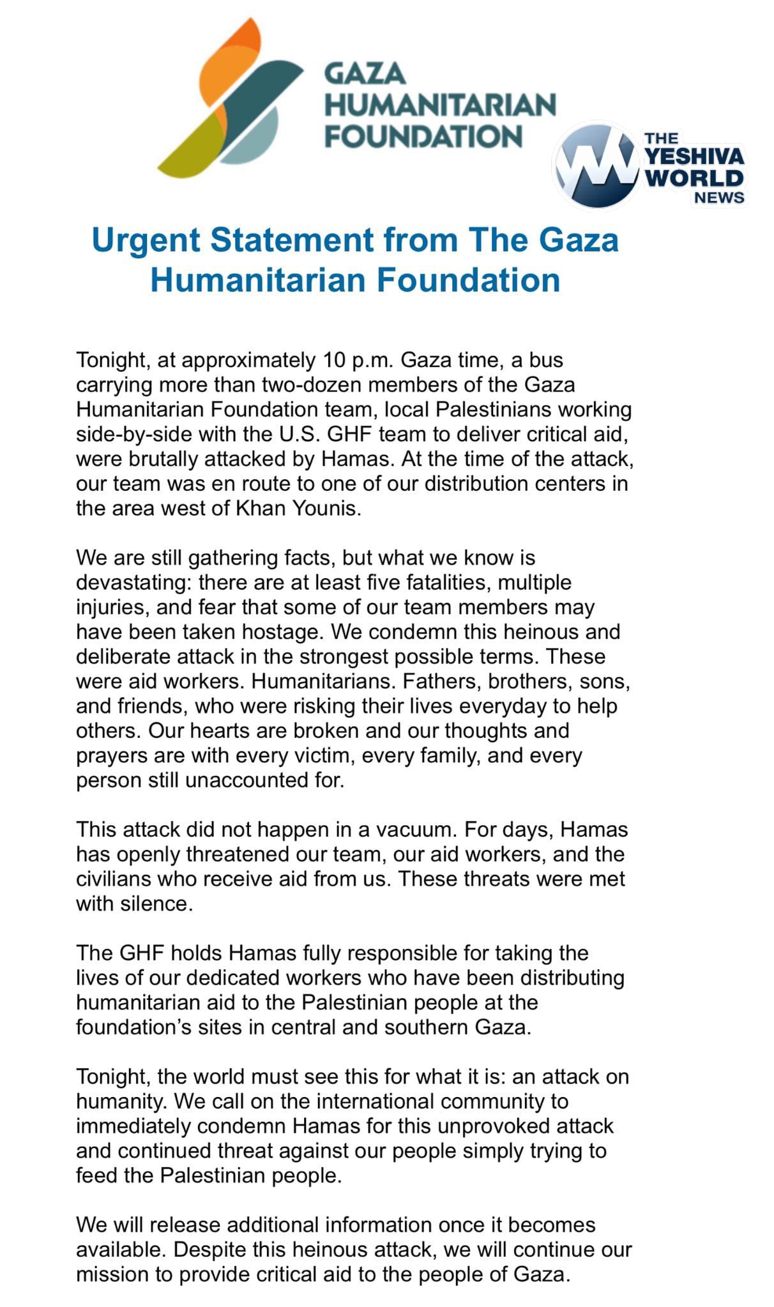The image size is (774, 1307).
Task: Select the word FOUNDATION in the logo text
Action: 423,135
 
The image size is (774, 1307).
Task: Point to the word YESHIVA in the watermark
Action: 694,156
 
